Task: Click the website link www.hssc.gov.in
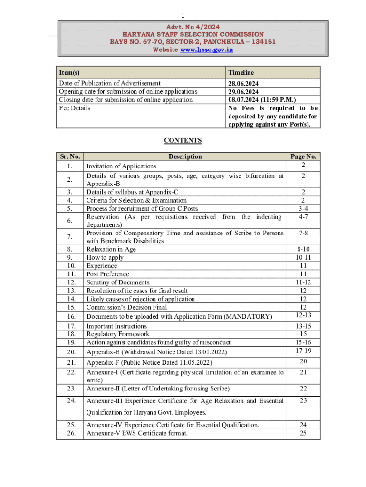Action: (207, 49)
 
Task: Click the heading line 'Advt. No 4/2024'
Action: (193, 27)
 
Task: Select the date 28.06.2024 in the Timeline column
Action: (243, 83)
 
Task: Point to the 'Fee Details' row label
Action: (75, 108)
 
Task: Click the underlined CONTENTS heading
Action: (183, 140)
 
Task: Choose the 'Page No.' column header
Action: (303, 156)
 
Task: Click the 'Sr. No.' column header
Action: (70, 156)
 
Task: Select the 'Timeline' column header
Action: (241, 72)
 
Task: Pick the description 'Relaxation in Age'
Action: (111, 249)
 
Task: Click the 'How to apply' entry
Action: (105, 258)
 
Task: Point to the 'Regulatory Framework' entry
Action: (118, 334)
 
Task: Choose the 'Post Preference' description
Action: (107, 274)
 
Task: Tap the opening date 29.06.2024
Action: (243, 91)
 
